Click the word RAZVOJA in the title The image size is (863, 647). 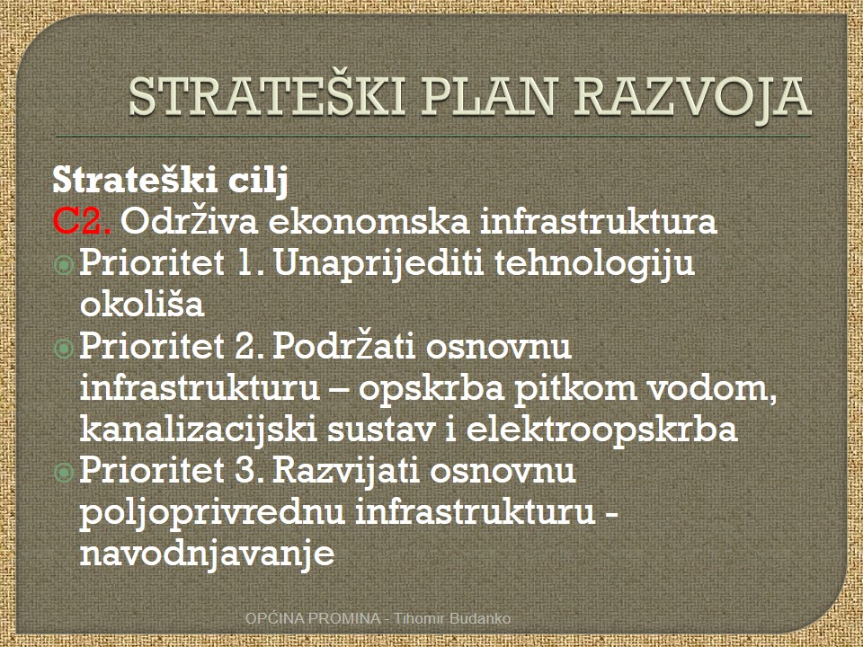[x=692, y=97]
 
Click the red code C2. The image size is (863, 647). [x=83, y=221]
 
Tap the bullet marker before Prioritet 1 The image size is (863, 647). [x=64, y=266]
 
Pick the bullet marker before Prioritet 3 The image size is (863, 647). [x=64, y=473]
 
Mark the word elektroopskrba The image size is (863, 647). [x=601, y=430]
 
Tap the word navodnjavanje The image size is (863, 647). [x=208, y=553]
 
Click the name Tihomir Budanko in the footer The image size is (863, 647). [x=452, y=618]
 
